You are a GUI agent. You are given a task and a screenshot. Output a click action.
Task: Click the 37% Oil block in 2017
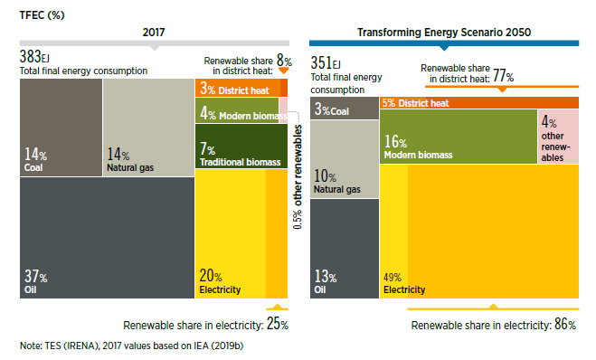point(108,238)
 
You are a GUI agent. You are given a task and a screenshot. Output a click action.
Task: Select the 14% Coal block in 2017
point(61,128)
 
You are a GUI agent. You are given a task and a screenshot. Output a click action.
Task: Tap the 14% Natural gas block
point(148,128)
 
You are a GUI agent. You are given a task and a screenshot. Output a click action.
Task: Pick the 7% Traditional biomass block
point(241,146)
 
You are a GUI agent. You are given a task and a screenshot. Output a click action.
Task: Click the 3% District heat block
point(241,88)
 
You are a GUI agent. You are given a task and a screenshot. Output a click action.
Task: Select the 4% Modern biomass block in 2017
point(237,110)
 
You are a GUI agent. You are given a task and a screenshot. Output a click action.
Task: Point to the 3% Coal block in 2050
point(345,108)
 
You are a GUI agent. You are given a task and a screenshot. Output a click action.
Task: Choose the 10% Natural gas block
point(345,159)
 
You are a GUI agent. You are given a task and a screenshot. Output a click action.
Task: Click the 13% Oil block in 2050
point(345,249)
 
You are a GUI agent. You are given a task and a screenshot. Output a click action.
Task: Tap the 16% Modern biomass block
point(459,137)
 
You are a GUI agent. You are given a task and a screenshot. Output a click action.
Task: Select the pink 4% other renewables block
point(558,137)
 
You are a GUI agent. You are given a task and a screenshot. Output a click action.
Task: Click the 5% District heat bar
point(479,102)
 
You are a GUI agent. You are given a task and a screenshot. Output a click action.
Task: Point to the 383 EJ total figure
point(34,57)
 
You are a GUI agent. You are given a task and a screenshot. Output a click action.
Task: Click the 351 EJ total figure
point(326,62)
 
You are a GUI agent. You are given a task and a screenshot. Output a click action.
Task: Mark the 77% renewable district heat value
point(503,75)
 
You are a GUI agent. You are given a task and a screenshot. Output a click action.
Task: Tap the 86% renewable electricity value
point(565,324)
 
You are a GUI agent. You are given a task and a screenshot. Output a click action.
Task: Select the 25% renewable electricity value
point(278,324)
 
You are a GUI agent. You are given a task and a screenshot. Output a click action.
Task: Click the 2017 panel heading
point(154,32)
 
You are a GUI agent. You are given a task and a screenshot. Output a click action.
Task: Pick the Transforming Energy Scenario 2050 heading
point(444,33)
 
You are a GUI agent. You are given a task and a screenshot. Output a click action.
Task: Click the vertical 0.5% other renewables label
point(298,176)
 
